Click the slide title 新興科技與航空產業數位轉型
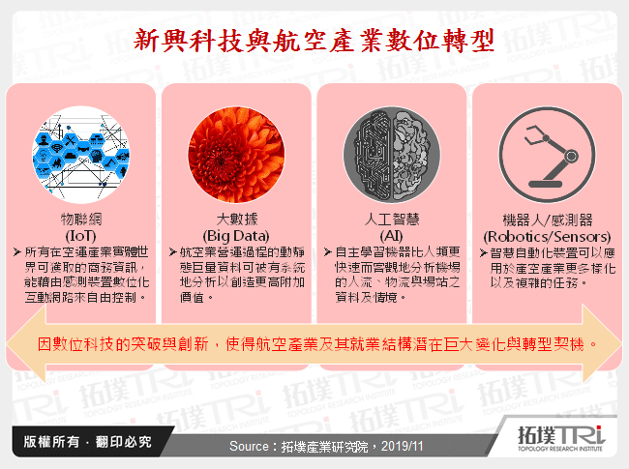coord(314,40)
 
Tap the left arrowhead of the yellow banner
coord(21,342)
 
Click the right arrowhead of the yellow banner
coord(608,342)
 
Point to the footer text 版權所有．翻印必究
coord(81,443)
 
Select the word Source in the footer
coord(253,447)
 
